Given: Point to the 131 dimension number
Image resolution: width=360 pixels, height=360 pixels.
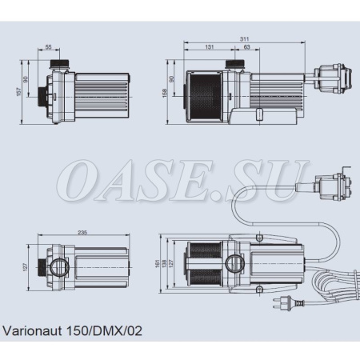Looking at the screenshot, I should tap(210, 48).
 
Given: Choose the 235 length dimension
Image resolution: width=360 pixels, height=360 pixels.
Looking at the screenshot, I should tap(83, 232).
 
